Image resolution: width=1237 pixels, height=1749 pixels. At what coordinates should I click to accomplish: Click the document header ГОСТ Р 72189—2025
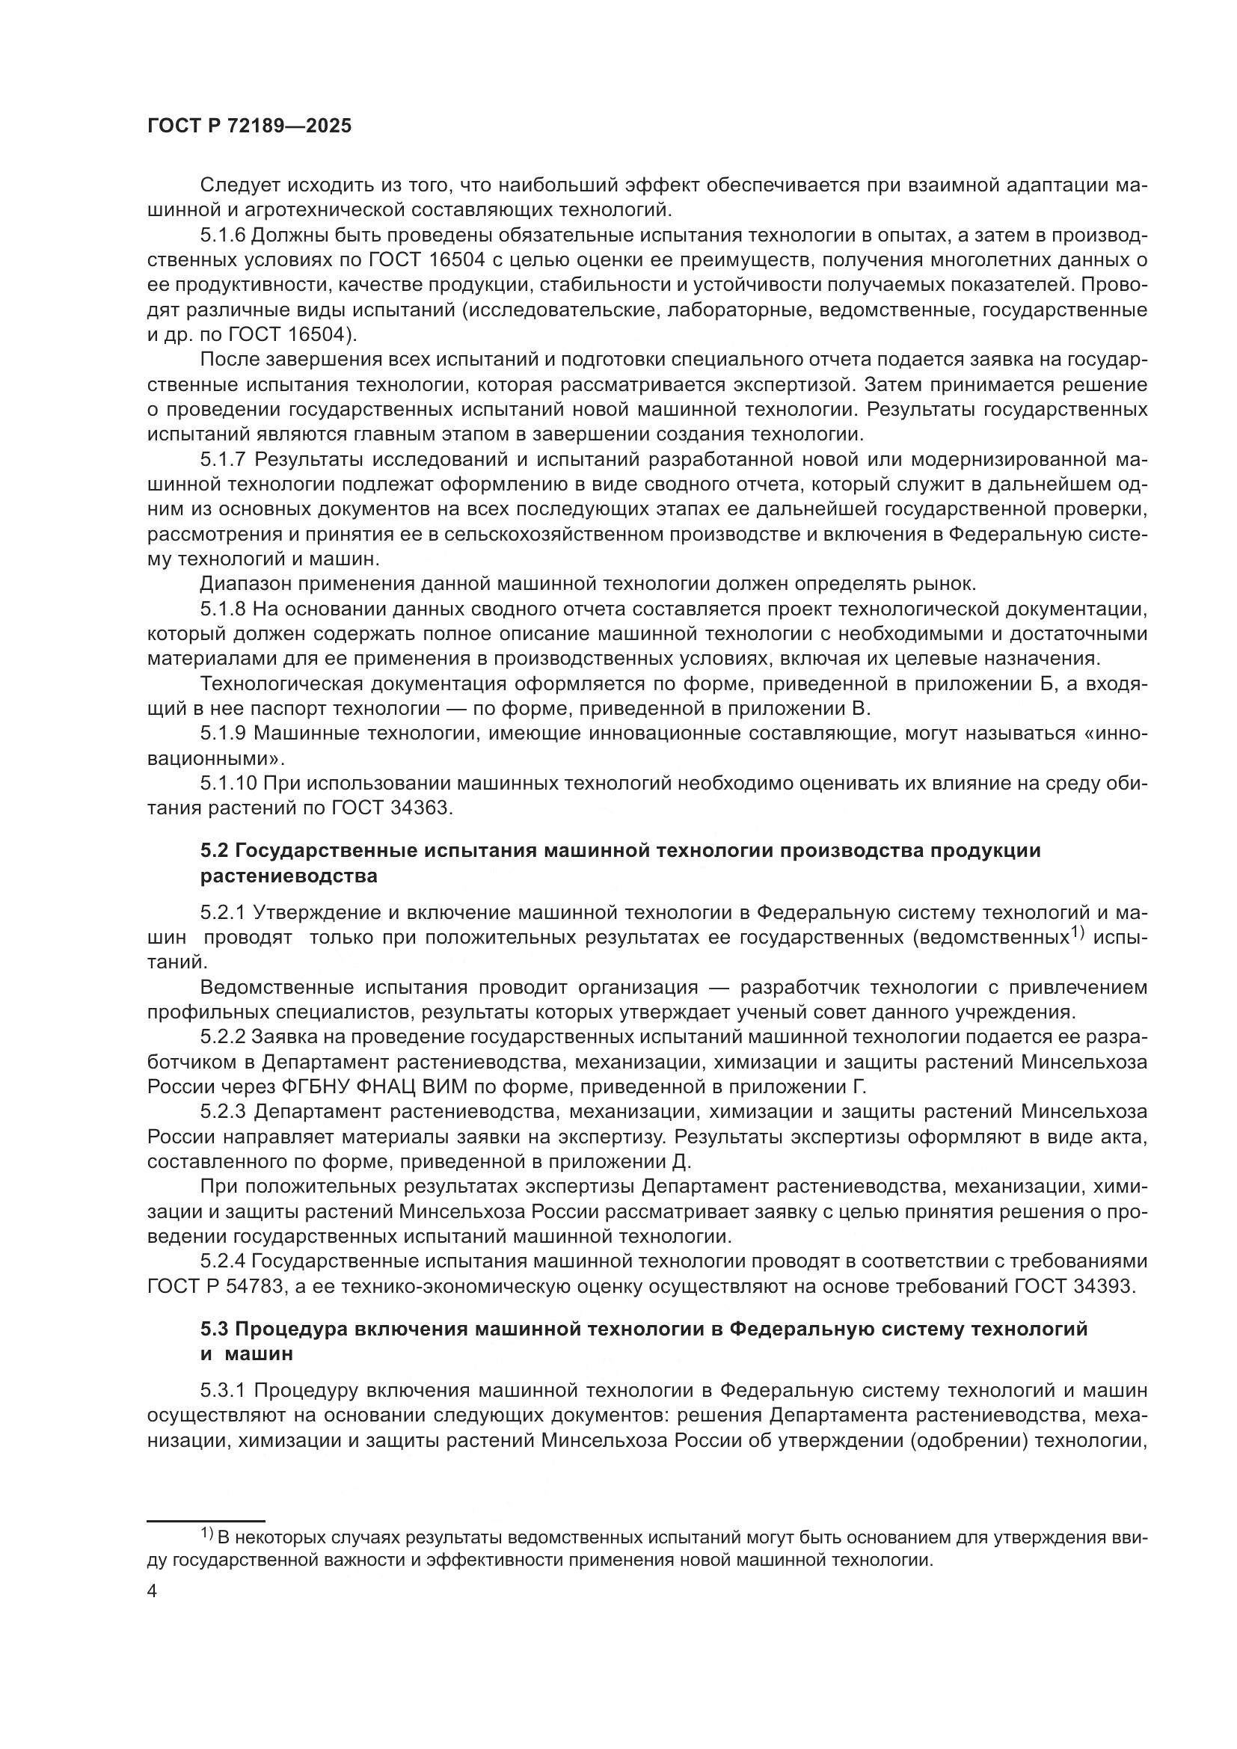(249, 126)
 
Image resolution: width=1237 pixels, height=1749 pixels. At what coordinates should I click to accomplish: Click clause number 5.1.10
(229, 783)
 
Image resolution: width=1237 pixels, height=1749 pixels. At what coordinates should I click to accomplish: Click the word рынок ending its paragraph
(945, 584)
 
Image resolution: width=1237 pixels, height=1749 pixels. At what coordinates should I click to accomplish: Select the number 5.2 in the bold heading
(214, 851)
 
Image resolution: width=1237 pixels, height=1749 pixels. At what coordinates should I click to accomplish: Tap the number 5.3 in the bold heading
(214, 1330)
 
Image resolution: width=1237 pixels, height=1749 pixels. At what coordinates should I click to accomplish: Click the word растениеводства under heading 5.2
(289, 876)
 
